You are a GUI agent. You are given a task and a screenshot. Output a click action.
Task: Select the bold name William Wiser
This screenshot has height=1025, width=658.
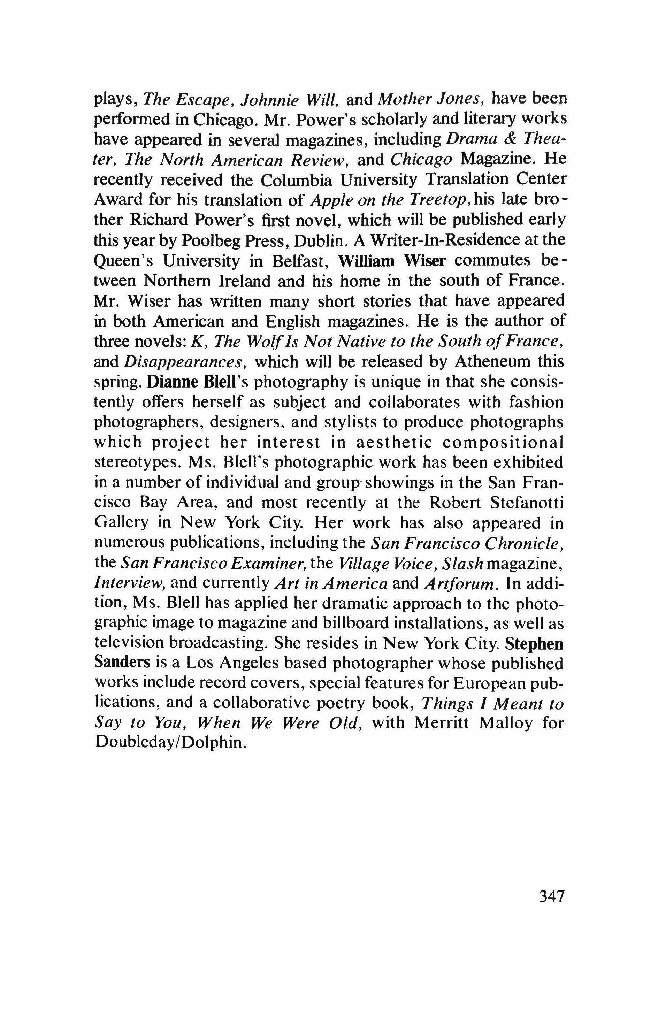pos(392,261)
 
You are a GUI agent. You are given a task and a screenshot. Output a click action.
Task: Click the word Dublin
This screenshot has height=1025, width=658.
pos(319,241)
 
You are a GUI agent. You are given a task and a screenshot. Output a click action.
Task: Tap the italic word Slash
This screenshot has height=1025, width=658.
pos(462,564)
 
